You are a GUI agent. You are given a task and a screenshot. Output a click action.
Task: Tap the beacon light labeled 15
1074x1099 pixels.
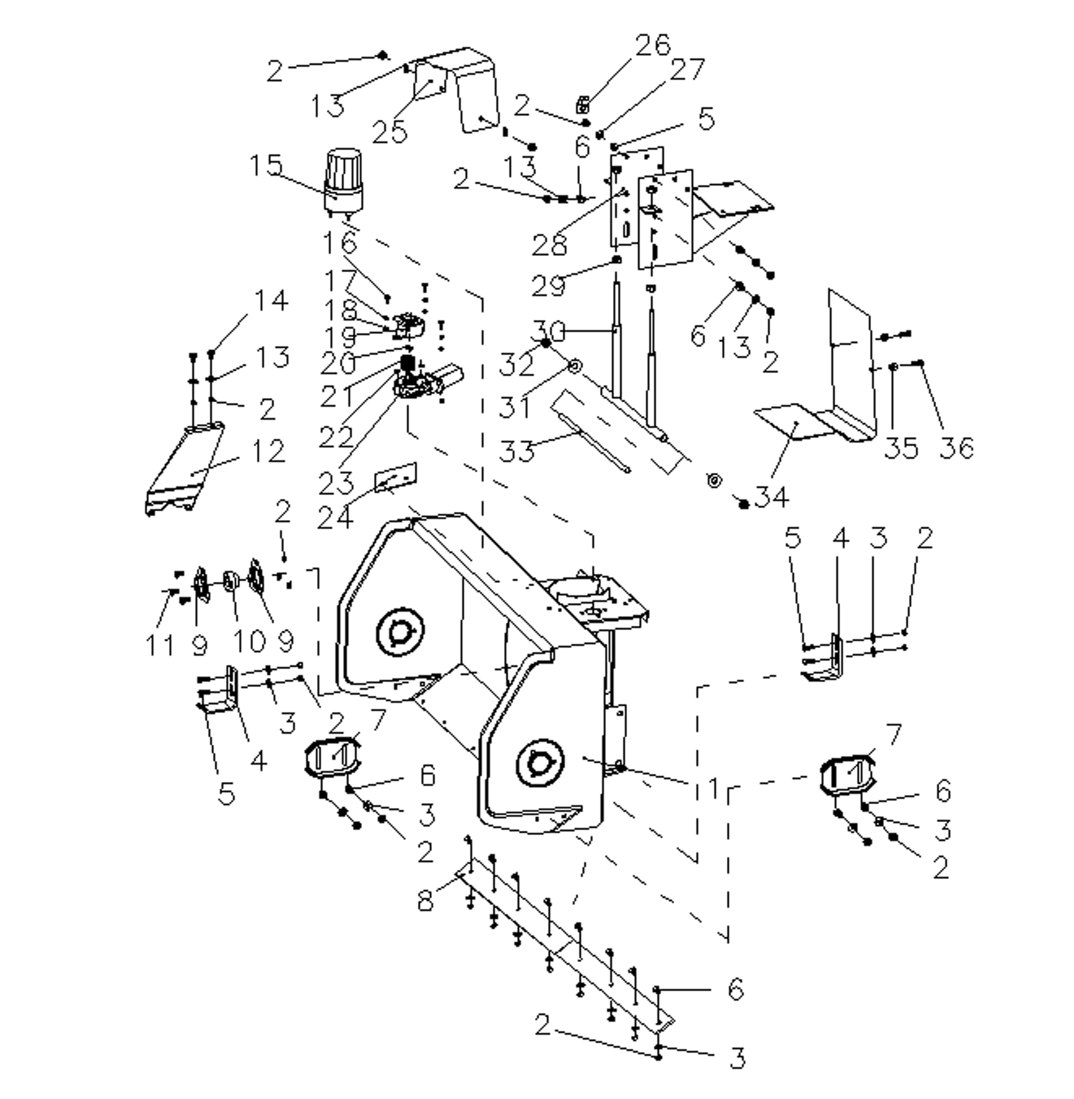click(342, 181)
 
